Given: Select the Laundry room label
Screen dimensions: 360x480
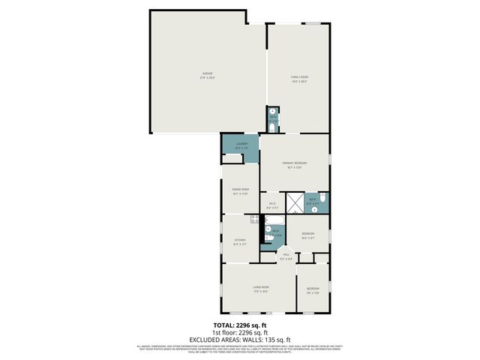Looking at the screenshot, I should (241, 145).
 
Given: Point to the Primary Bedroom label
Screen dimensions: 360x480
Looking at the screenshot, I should (294, 165).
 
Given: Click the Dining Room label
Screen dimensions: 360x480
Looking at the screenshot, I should (240, 191).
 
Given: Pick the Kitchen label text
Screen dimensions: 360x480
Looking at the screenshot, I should (239, 241).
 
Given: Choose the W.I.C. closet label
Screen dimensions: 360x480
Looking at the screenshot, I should (273, 205).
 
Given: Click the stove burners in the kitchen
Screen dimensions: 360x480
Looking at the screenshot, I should (256, 220).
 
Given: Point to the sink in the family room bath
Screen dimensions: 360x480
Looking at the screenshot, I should (272, 112).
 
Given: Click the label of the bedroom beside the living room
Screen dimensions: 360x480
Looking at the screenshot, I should (312, 290).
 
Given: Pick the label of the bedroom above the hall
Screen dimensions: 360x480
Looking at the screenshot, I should (307, 235).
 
